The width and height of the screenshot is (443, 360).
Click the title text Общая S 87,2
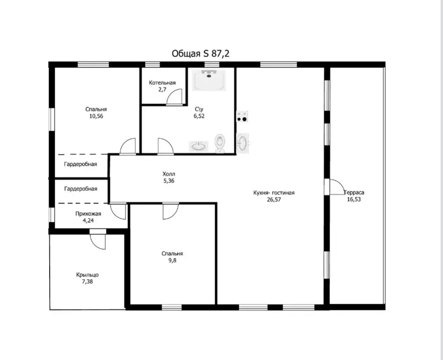tap(200, 53)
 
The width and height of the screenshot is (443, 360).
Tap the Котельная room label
tap(162, 82)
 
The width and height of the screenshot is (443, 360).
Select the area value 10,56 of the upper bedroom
tap(96, 116)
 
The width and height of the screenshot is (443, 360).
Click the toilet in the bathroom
tap(220, 143)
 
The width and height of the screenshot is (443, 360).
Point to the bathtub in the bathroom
tap(209, 80)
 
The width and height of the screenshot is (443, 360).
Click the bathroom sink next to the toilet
tap(198, 146)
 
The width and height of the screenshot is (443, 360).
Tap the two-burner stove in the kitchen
tap(242, 116)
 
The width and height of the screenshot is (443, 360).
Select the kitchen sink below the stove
tap(242, 143)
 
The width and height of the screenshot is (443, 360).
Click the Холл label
tap(169, 174)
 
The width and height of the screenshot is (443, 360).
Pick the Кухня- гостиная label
tap(274, 193)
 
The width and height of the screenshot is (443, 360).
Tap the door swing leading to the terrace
tap(336, 187)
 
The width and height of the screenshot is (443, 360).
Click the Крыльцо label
tap(87, 275)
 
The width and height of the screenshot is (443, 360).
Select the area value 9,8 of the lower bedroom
tap(172, 260)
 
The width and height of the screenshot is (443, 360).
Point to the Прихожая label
tap(88, 214)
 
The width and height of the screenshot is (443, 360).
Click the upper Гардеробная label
tap(81, 164)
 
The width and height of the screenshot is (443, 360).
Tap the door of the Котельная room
tap(174, 97)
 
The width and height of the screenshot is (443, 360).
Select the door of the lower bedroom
tap(170, 211)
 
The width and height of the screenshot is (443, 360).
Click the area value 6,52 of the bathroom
tap(199, 116)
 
